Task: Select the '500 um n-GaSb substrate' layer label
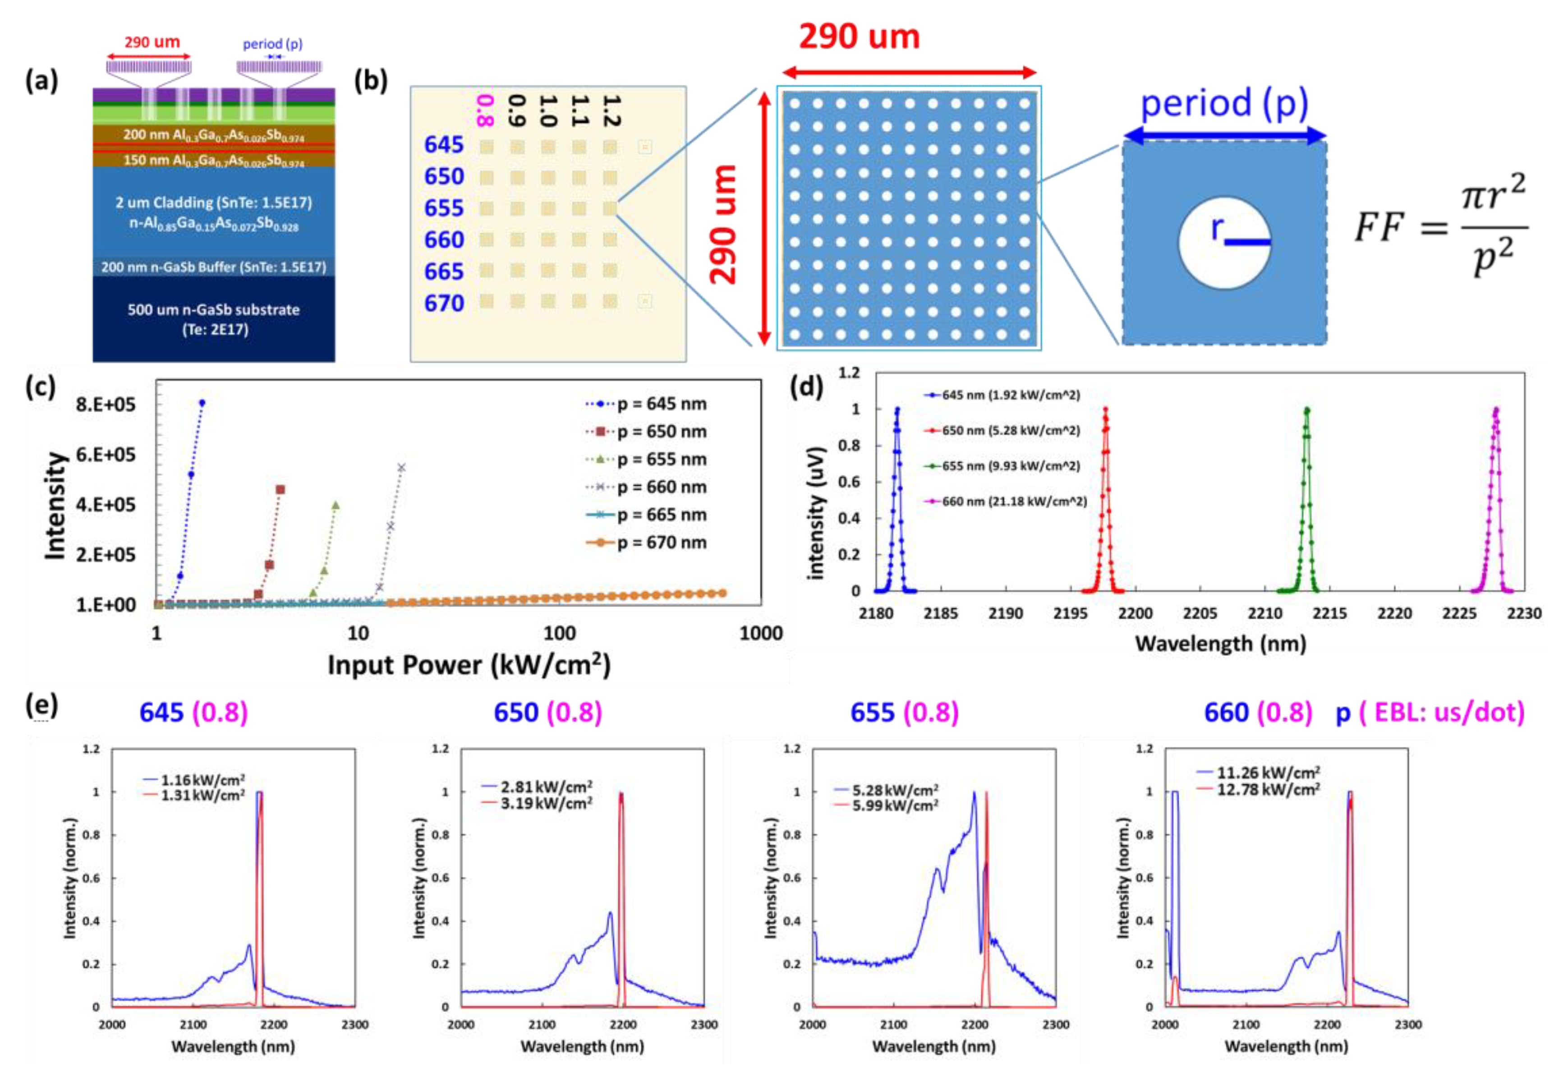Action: (x=214, y=310)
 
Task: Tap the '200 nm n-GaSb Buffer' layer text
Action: (x=214, y=267)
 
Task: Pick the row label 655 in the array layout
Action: (x=443, y=208)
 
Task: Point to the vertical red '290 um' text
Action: (x=724, y=224)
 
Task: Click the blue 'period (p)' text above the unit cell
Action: (x=1224, y=103)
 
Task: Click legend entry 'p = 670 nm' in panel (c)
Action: (x=661, y=543)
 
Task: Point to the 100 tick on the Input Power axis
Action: (x=559, y=633)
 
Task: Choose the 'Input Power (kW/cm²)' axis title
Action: (x=469, y=665)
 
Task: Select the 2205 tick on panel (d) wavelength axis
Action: (x=1199, y=613)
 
